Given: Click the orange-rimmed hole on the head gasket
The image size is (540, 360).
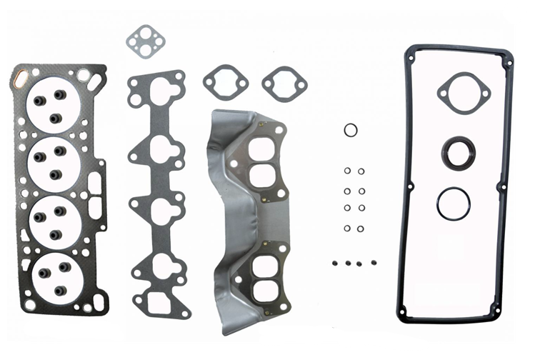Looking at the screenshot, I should (x=20, y=74).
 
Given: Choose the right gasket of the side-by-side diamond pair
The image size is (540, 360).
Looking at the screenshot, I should (x=284, y=84).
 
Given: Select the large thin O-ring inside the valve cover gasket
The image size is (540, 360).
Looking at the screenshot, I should (x=454, y=204).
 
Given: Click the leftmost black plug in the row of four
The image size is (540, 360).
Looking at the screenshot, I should (x=335, y=263).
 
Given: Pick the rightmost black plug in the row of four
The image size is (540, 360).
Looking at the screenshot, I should (x=372, y=263).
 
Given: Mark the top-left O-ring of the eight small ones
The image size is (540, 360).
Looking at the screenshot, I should (x=347, y=171).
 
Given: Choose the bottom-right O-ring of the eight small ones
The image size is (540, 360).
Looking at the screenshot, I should (x=361, y=229).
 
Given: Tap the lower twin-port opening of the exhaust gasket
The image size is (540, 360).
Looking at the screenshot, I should (x=264, y=279).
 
